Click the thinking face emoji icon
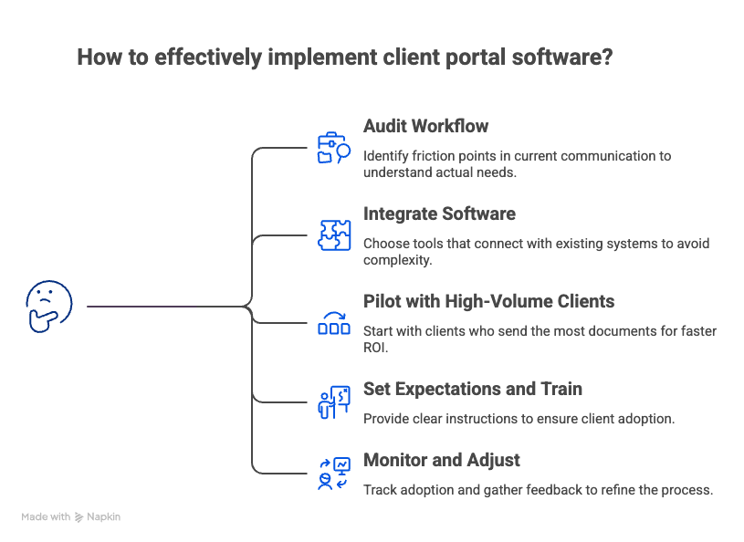(x=49, y=307)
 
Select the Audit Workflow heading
(x=425, y=127)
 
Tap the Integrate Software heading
(x=439, y=214)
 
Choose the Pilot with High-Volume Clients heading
(x=488, y=302)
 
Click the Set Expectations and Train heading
(x=473, y=390)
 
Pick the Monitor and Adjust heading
(x=442, y=461)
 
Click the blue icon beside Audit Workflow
(x=333, y=149)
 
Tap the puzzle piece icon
(x=333, y=235)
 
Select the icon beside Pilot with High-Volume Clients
(x=333, y=323)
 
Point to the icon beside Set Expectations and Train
(x=333, y=401)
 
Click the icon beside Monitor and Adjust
(x=333, y=473)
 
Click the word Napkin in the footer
(x=104, y=517)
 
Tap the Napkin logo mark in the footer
(x=79, y=517)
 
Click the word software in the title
(x=561, y=57)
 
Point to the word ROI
(x=376, y=347)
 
